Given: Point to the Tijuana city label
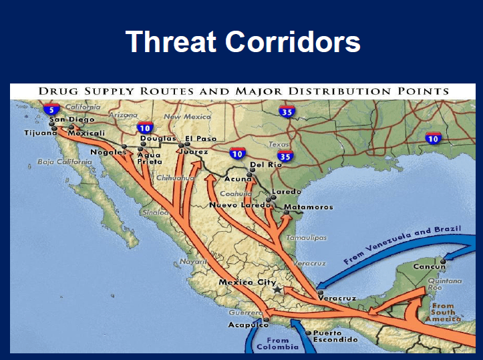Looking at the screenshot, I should click(x=39, y=133).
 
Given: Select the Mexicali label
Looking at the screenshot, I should click(x=88, y=133).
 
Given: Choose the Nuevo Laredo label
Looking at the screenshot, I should click(x=237, y=205).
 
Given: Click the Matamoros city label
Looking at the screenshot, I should click(x=308, y=207).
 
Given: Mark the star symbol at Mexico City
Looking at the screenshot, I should click(x=277, y=291).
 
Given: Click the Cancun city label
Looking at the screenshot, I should click(x=429, y=267).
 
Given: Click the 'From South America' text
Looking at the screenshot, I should click(x=442, y=312).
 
